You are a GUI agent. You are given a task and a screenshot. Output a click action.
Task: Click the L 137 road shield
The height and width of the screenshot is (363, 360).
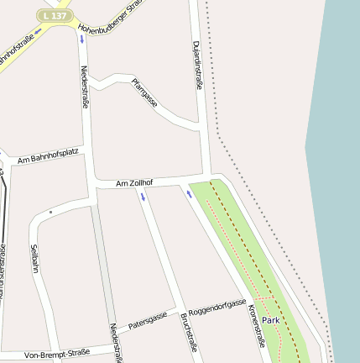55,16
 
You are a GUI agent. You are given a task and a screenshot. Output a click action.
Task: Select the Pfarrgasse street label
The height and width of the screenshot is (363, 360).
144,92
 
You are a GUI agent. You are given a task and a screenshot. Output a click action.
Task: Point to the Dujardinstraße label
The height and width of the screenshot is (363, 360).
198,66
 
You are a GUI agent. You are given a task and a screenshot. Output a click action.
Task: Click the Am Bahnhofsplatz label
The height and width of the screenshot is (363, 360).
48,155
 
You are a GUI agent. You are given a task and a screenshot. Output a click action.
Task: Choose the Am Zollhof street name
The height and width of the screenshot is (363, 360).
134,182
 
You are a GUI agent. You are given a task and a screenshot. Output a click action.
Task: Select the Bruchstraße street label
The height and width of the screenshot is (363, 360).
188,331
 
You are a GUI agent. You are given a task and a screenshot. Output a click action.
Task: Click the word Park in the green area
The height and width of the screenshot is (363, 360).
270,320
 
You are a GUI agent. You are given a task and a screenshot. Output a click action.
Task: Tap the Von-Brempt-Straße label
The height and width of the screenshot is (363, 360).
57,354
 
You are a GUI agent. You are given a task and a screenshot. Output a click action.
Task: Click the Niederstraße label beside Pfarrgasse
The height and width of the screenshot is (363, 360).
84,87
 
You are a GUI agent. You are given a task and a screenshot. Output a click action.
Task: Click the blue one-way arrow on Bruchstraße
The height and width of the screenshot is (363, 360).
143,197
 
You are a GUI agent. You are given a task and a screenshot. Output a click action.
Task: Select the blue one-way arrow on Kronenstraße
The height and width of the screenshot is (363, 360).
190,194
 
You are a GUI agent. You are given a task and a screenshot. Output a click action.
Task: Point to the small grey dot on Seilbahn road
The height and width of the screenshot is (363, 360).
50,213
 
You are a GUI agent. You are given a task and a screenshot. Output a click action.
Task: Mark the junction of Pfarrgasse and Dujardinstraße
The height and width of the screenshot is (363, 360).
202,127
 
